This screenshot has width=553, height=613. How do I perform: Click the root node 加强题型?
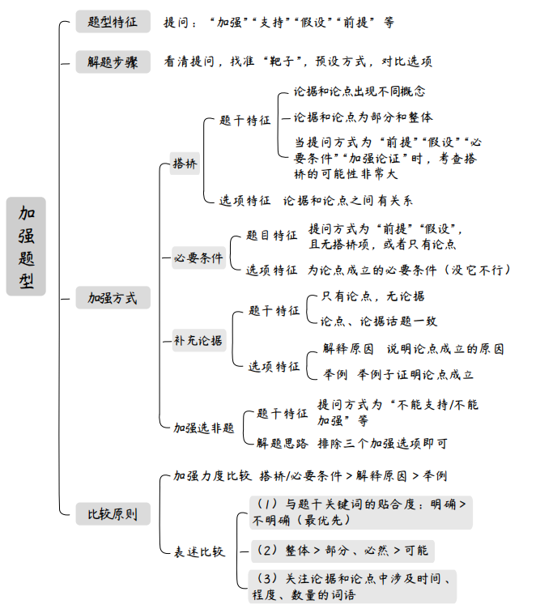[26, 246]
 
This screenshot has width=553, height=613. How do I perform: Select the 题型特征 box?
[113, 22]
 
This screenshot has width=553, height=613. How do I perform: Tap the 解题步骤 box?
[113, 62]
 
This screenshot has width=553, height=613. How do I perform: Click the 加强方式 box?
[113, 298]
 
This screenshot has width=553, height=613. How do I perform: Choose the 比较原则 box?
[113, 513]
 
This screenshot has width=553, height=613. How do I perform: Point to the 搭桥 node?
[185, 163]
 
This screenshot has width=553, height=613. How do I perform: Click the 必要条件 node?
[198, 258]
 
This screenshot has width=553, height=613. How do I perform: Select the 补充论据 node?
[198, 340]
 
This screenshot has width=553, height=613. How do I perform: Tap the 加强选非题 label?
[204, 428]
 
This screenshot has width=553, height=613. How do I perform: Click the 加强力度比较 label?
[212, 475]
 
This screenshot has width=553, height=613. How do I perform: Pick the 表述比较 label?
[199, 551]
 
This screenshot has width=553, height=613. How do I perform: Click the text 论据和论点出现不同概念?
[359, 92]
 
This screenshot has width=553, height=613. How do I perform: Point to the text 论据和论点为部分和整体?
[363, 117]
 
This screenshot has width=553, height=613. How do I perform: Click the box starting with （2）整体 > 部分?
[342, 551]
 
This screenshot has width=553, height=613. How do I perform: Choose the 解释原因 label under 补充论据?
[348, 349]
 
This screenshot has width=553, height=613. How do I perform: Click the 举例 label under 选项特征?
[335, 374]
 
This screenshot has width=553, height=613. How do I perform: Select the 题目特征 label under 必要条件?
[272, 235]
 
